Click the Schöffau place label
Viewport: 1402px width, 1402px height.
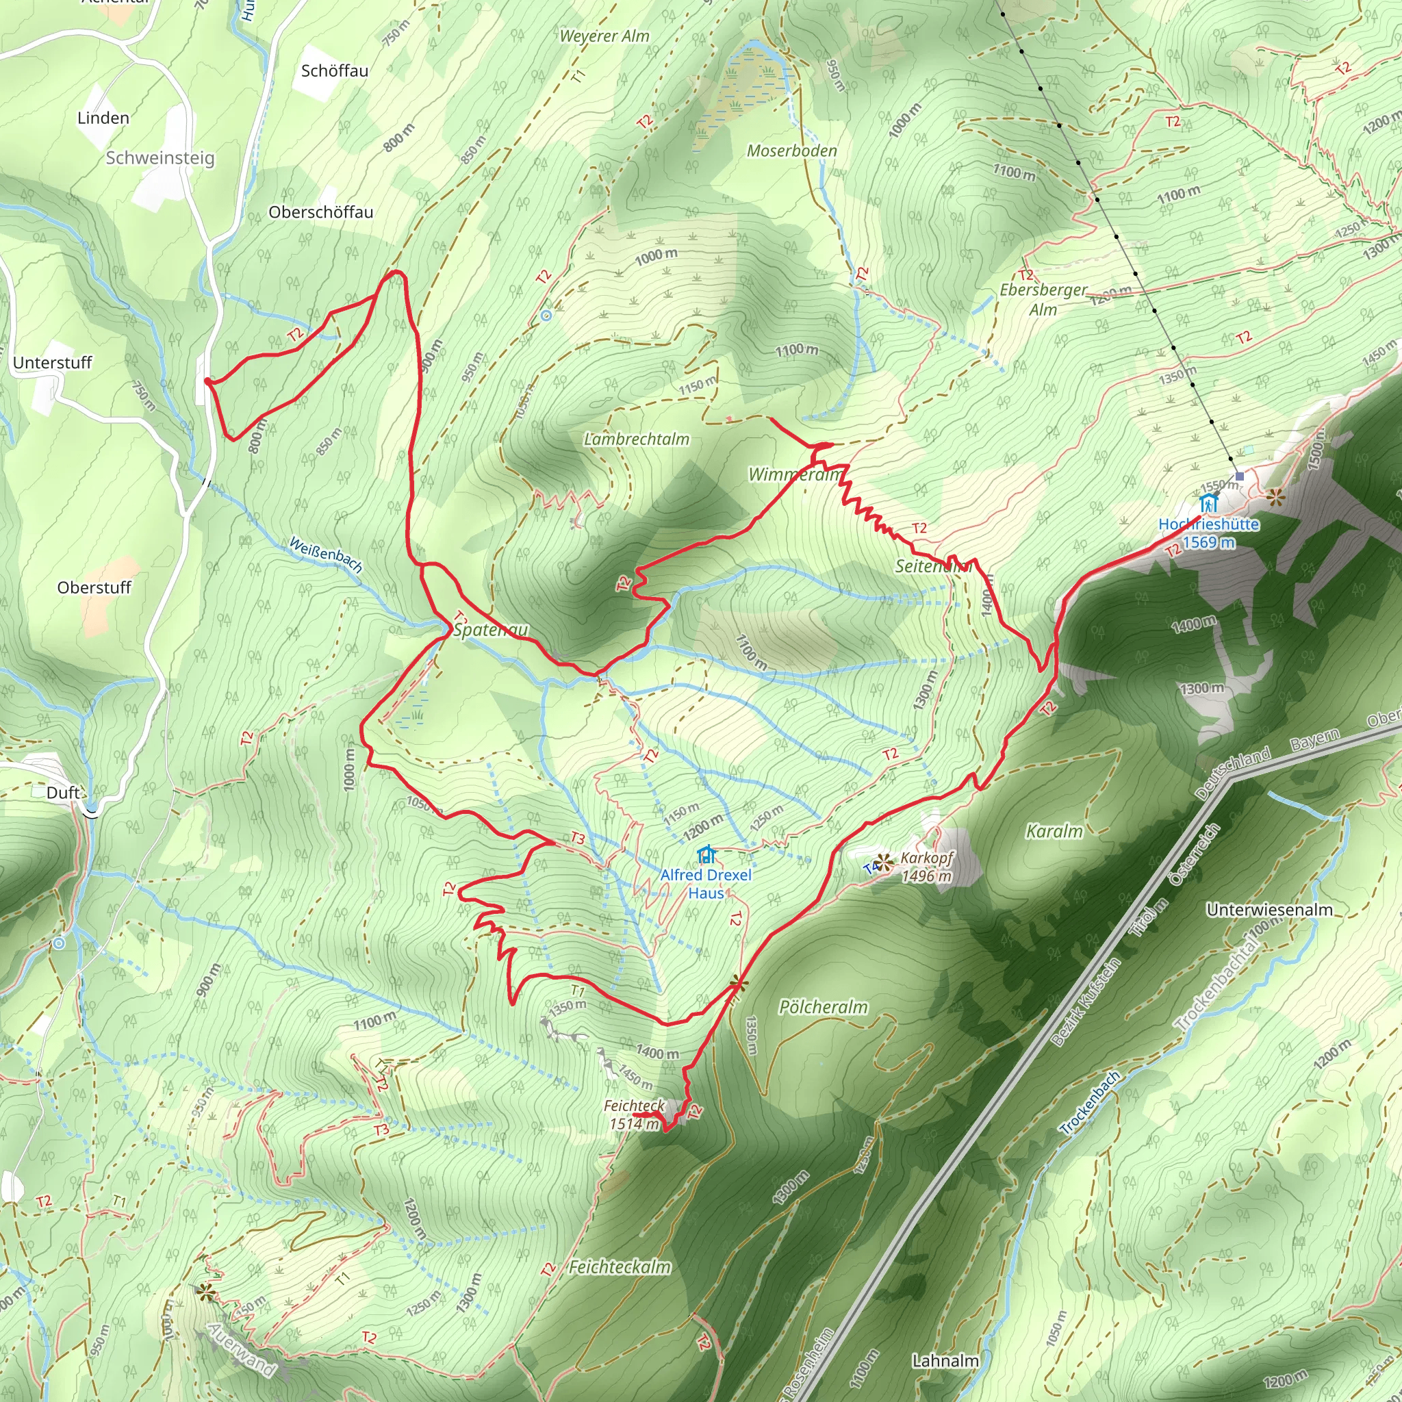(335, 71)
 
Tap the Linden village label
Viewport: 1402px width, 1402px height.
(103, 118)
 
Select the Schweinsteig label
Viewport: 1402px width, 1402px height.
(160, 158)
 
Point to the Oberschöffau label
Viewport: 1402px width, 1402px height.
(321, 213)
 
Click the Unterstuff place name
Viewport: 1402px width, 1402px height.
(52, 363)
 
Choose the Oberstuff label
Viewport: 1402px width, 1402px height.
(94, 588)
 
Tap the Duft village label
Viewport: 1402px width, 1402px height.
(62, 793)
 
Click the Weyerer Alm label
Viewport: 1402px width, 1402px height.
(604, 36)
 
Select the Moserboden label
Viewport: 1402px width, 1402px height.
(792, 151)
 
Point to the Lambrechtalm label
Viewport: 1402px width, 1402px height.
(637, 439)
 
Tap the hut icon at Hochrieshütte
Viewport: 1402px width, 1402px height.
(1208, 502)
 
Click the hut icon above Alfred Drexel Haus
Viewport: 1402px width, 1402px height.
(705, 855)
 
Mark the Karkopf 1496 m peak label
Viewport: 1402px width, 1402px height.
(926, 867)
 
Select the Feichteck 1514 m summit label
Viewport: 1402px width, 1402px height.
(634, 1114)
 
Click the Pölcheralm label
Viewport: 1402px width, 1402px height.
(823, 1007)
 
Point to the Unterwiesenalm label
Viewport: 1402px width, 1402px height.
(1269, 910)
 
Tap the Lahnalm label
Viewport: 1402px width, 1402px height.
(945, 1361)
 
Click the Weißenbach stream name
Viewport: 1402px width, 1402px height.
(326, 555)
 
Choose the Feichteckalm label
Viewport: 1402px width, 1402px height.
(619, 1267)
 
